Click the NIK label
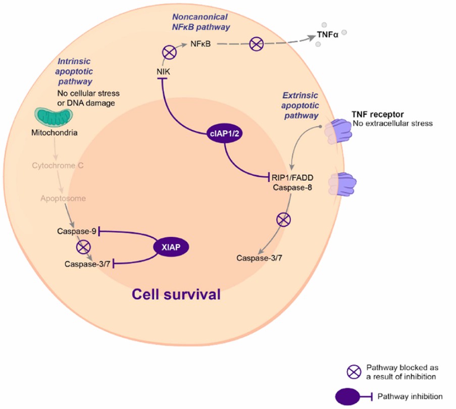(x=163, y=72)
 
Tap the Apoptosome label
(x=63, y=198)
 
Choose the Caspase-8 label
(x=289, y=187)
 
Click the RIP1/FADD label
(x=291, y=177)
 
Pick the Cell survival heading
(x=176, y=294)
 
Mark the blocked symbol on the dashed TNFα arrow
(x=257, y=44)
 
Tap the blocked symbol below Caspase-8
(x=284, y=220)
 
